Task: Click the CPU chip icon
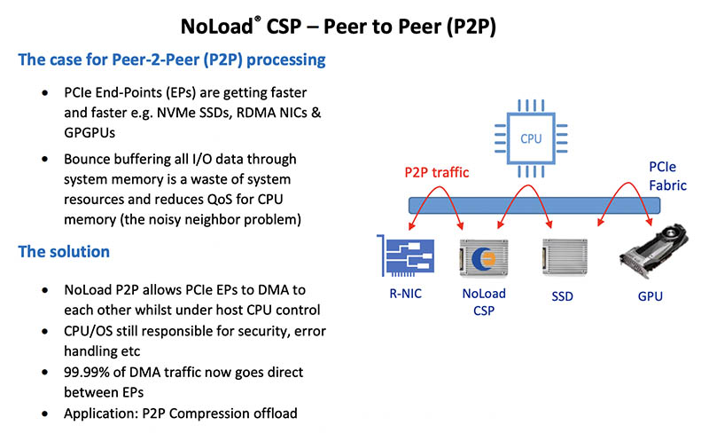click(x=530, y=138)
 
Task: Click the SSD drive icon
click(x=556, y=259)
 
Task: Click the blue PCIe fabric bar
click(x=532, y=205)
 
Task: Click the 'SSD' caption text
click(x=556, y=296)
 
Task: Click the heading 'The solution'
click(x=64, y=252)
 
